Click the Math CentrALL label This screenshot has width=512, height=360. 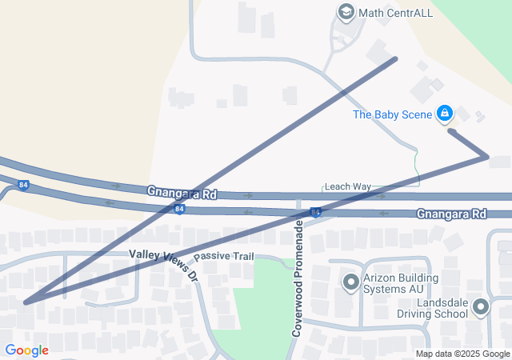click(x=388, y=12)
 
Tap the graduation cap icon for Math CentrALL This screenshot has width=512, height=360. click(x=346, y=12)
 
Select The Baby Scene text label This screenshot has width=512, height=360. click(x=393, y=114)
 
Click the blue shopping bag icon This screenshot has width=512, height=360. click(x=445, y=114)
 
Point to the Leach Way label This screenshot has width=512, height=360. click(x=347, y=186)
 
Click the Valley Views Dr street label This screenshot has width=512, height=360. click(x=163, y=264)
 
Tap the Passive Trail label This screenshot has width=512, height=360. click(x=223, y=256)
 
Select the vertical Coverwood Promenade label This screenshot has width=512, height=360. click(x=297, y=280)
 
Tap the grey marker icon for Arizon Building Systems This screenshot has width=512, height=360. click(x=350, y=282)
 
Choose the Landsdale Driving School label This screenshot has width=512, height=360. click(x=442, y=308)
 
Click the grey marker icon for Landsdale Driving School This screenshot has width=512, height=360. click(x=481, y=307)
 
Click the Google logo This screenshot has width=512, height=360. click(x=26, y=350)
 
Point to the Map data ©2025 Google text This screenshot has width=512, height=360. click(x=462, y=354)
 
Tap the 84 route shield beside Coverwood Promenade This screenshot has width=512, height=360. click(x=317, y=212)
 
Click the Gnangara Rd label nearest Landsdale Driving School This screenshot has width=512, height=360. click(x=451, y=214)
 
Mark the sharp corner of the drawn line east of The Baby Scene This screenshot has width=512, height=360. click(x=486, y=157)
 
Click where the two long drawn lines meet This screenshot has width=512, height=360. click(x=26, y=302)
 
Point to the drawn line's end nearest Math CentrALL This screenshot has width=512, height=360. click(x=395, y=58)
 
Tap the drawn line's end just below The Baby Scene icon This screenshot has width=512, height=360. click(x=450, y=130)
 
